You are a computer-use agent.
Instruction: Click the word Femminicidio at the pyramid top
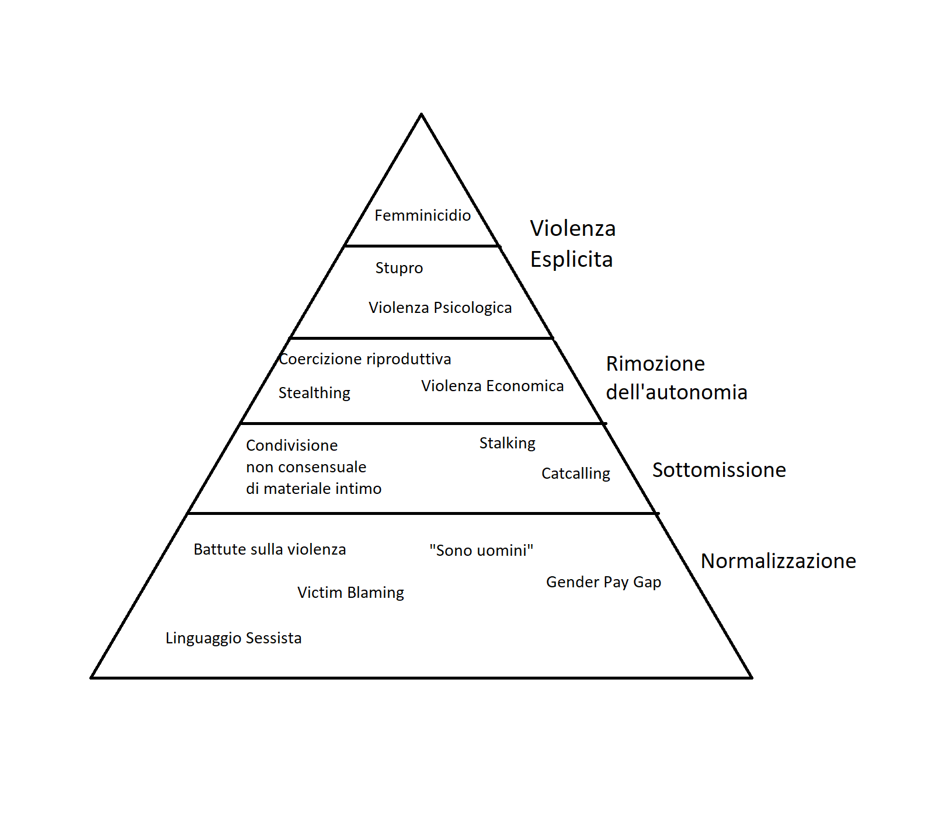point(422,215)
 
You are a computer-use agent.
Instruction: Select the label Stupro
point(399,268)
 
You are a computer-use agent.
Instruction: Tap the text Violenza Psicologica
point(440,308)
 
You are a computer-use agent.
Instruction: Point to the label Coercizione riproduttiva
point(365,359)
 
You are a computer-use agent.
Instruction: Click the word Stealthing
point(314,393)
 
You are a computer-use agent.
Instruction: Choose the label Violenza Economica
point(492,386)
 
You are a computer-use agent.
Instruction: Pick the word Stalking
point(507,443)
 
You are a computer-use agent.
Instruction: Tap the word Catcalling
point(575,473)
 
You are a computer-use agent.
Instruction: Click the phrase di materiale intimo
point(314,489)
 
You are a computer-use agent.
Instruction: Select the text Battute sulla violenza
point(269,549)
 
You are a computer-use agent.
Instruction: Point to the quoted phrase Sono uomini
point(481,551)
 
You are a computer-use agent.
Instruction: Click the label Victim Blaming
point(350,593)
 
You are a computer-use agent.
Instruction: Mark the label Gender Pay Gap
point(603,582)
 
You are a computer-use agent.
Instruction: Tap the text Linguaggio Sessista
point(233,638)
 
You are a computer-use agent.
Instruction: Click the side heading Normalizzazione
point(778,561)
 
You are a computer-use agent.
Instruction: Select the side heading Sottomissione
point(719,470)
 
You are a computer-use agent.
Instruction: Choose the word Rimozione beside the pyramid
point(655,364)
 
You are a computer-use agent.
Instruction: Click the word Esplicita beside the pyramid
point(571,259)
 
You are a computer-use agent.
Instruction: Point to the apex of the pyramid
point(421,114)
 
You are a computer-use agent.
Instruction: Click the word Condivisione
point(291,445)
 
